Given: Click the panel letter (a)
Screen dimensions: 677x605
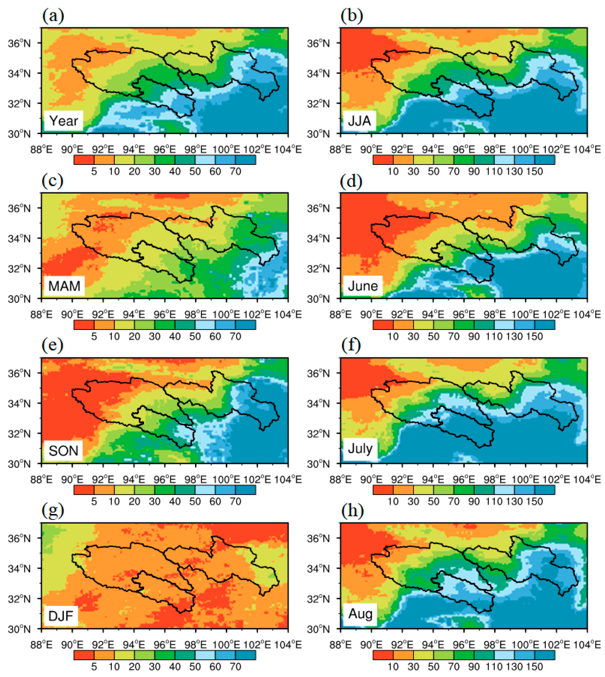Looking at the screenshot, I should click(53, 16).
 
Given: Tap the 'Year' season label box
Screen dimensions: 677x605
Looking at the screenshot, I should click(64, 121).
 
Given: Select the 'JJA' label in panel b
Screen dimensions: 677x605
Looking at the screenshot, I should click(359, 120).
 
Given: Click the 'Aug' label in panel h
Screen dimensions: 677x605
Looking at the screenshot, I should click(360, 614).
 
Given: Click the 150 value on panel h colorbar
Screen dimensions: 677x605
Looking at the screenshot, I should click(534, 667).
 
